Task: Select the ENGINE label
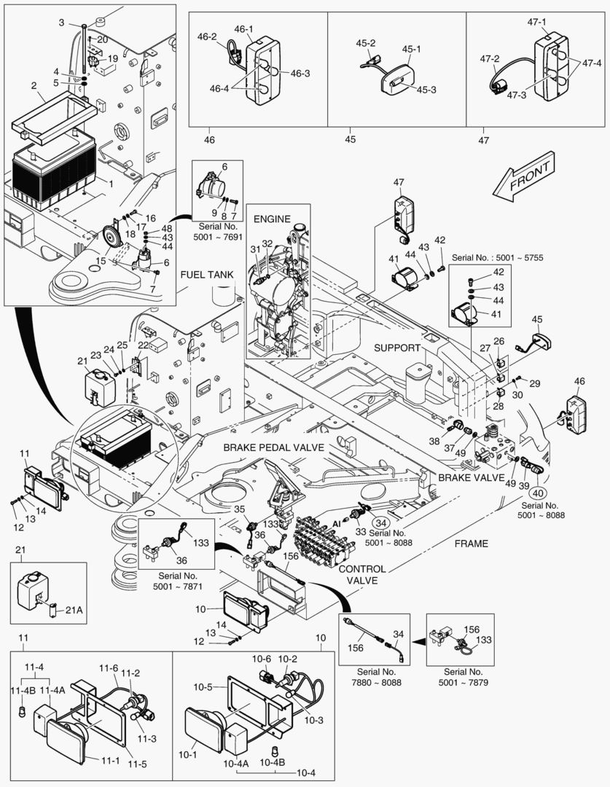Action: pos(272,219)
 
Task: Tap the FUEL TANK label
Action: pos(209,275)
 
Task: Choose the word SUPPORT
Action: pos(397,348)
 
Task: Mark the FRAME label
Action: pos(471,544)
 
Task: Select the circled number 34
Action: pos(380,521)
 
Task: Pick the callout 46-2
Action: pos(208,36)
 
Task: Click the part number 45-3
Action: pos(426,90)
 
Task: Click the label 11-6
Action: pos(109,668)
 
